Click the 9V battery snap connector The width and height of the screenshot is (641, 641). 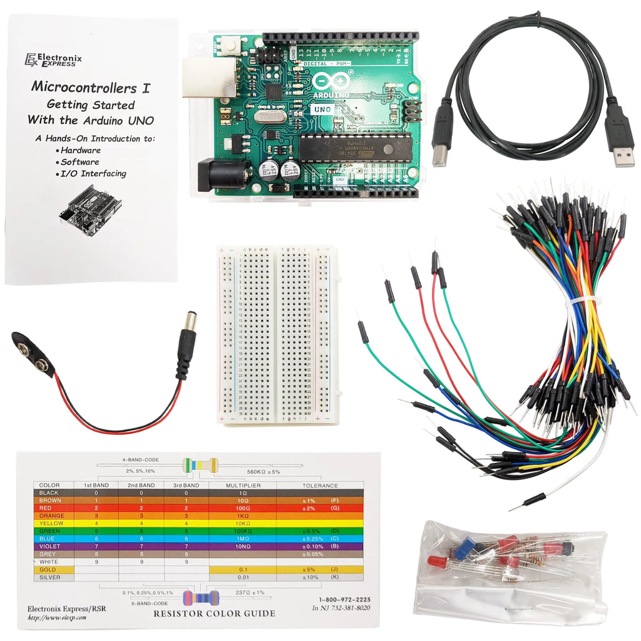pos(33,354)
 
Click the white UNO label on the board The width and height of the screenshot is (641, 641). pos(324,108)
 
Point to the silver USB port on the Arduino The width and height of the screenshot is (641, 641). pos(200,78)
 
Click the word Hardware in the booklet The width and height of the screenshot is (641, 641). pos(81,150)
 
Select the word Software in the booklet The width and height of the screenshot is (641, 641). pos(79,162)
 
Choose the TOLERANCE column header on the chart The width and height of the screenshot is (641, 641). pos(319,485)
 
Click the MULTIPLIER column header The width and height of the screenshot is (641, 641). pos(242,485)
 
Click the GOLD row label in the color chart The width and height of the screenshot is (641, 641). pos(48,570)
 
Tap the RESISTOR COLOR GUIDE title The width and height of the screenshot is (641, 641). pos(214,613)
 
